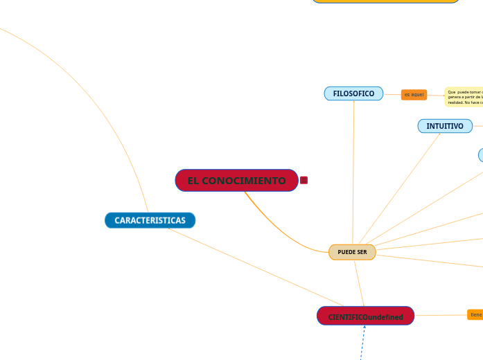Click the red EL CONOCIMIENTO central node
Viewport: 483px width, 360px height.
(x=236, y=181)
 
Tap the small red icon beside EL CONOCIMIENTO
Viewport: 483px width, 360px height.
(x=304, y=180)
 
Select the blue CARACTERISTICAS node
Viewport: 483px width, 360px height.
(x=150, y=220)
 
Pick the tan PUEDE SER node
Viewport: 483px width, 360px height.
(x=352, y=252)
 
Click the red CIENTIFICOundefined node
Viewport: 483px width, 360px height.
(x=365, y=316)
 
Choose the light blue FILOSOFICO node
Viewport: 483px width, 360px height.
(x=353, y=93)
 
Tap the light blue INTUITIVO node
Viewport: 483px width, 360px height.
(x=445, y=126)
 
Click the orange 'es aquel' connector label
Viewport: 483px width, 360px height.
(x=414, y=95)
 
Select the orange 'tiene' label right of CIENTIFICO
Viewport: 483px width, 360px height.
(x=475, y=315)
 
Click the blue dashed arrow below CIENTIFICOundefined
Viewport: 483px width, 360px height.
(x=362, y=343)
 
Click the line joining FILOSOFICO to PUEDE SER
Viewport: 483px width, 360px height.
(x=353, y=173)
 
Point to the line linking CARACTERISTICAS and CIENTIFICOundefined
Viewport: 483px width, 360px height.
(x=256, y=267)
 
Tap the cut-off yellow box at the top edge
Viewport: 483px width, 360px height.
(x=385, y=1)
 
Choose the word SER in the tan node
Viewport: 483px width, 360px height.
(x=361, y=252)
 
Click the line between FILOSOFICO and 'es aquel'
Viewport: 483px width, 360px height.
(x=392, y=94)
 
